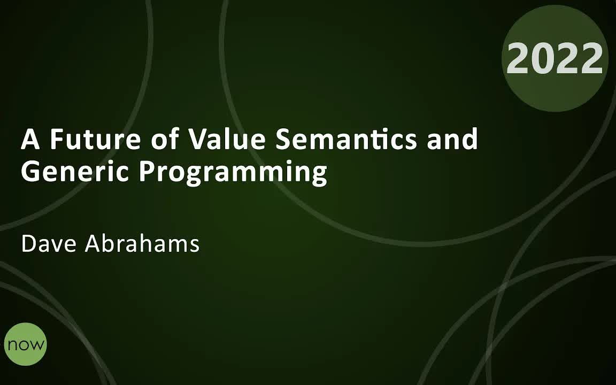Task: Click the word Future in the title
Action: tap(96, 139)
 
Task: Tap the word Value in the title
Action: tap(227, 139)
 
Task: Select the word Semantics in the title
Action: tap(346, 139)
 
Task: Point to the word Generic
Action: tap(75, 171)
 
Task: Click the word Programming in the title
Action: tap(233, 173)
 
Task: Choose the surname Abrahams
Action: tap(142, 243)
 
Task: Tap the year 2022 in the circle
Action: tap(555, 58)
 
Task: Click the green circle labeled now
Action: tap(26, 344)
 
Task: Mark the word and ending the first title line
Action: tap(452, 139)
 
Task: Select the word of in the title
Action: tap(165, 139)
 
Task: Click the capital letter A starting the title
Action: tap(30, 139)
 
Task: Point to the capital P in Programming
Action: tap(148, 171)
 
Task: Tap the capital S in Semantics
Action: tap(283, 139)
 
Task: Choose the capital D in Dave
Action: tap(29, 244)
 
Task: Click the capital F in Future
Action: tap(57, 139)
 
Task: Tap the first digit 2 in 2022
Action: tap(518, 58)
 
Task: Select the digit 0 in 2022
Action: tap(543, 58)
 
